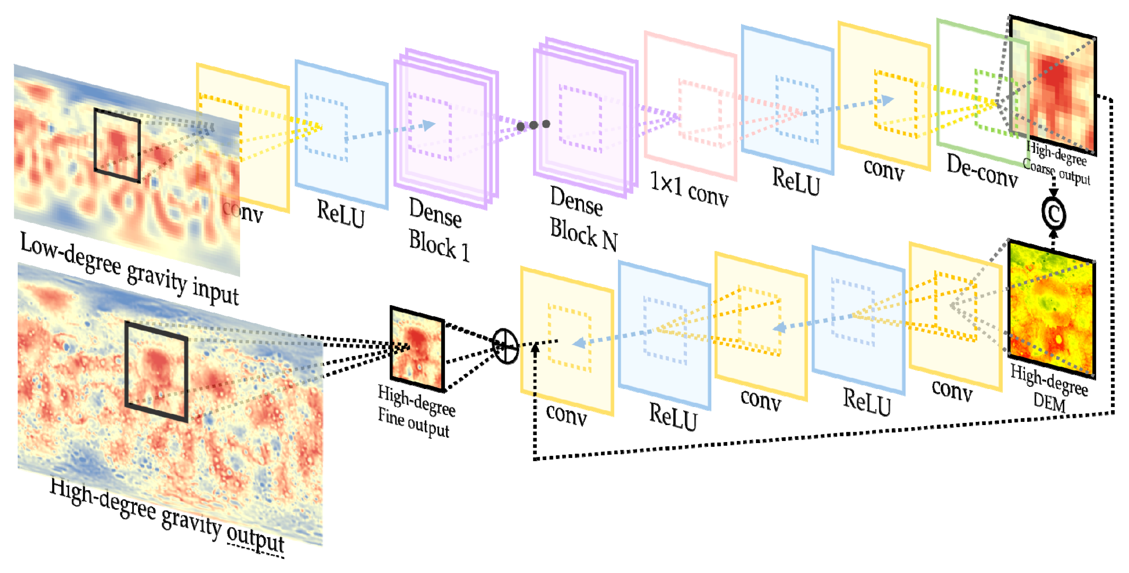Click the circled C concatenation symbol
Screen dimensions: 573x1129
[1053, 213]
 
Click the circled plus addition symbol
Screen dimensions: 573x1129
[505, 346]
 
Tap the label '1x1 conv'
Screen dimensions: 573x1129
[688, 189]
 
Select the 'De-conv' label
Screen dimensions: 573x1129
[982, 171]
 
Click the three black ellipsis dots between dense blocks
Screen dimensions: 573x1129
[533, 125]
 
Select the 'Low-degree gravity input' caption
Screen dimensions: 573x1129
[129, 268]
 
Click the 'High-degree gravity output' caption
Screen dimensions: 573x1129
[167, 516]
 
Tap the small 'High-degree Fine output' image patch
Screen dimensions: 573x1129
[417, 349]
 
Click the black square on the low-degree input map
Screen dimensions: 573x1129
[117, 145]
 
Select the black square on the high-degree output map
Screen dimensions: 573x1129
[156, 372]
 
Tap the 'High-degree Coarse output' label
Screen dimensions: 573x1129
[1056, 164]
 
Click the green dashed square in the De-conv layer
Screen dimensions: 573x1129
[995, 103]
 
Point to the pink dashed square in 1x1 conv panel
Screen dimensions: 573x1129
[700, 113]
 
